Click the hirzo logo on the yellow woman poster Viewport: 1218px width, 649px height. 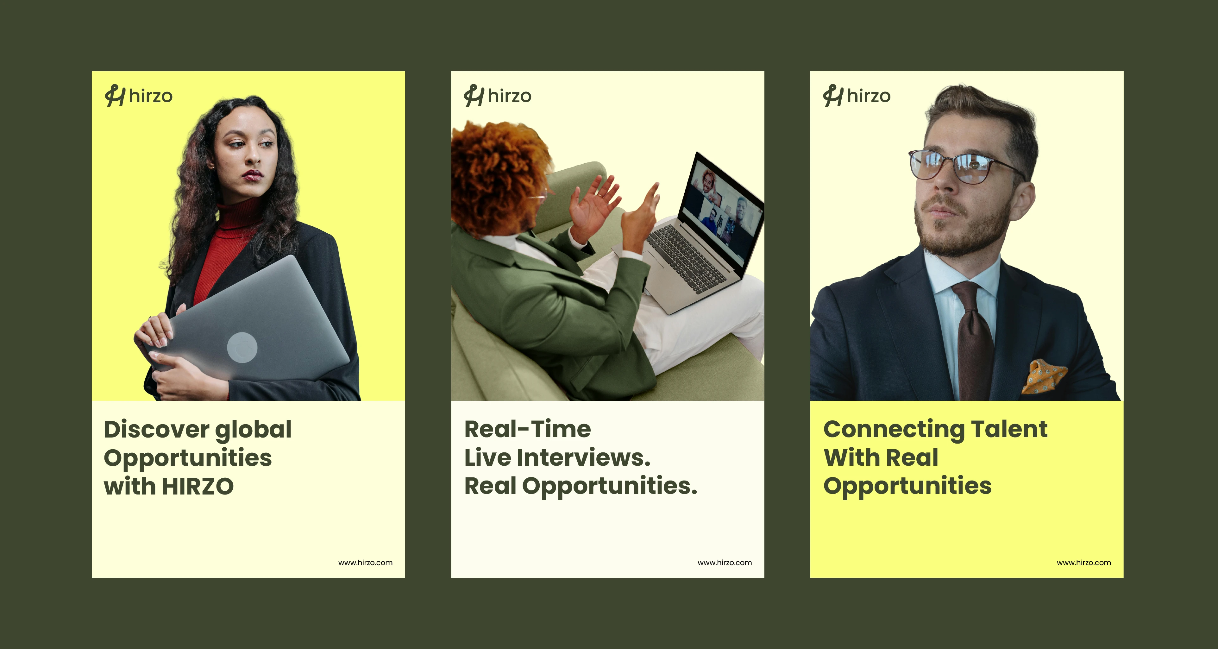tap(139, 96)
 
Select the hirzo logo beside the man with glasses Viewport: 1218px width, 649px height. tap(857, 96)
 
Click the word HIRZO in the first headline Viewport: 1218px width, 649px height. tap(198, 486)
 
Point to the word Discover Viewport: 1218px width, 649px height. tap(156, 430)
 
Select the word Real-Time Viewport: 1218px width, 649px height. tap(528, 430)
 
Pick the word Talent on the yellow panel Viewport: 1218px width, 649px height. tap(1009, 430)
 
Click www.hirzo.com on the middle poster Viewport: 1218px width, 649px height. tap(724, 563)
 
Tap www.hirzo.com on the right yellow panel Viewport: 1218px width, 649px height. tap(1084, 563)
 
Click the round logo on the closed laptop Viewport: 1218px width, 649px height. tap(242, 348)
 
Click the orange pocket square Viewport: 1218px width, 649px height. tap(1044, 376)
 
